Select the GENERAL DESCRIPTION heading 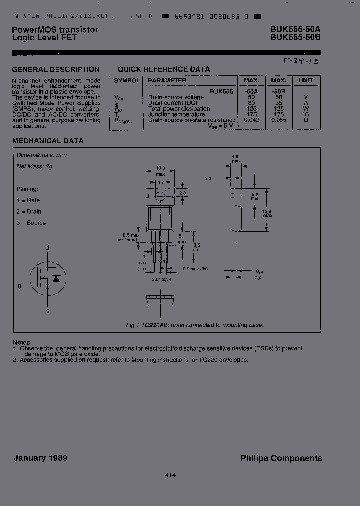[x=56, y=70]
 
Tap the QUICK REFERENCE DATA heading [x=164, y=69]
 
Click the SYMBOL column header [x=127, y=80]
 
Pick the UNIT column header [x=305, y=80]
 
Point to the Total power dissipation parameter [x=179, y=109]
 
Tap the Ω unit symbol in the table [x=305, y=120]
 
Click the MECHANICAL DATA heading [x=48, y=141]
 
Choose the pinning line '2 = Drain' [x=29, y=212]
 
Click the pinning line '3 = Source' [x=31, y=223]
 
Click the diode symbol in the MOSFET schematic [x=56, y=278]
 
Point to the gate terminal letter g [x=19, y=286]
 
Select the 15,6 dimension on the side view [x=267, y=212]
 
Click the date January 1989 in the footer [x=40, y=458]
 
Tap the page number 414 [x=170, y=475]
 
